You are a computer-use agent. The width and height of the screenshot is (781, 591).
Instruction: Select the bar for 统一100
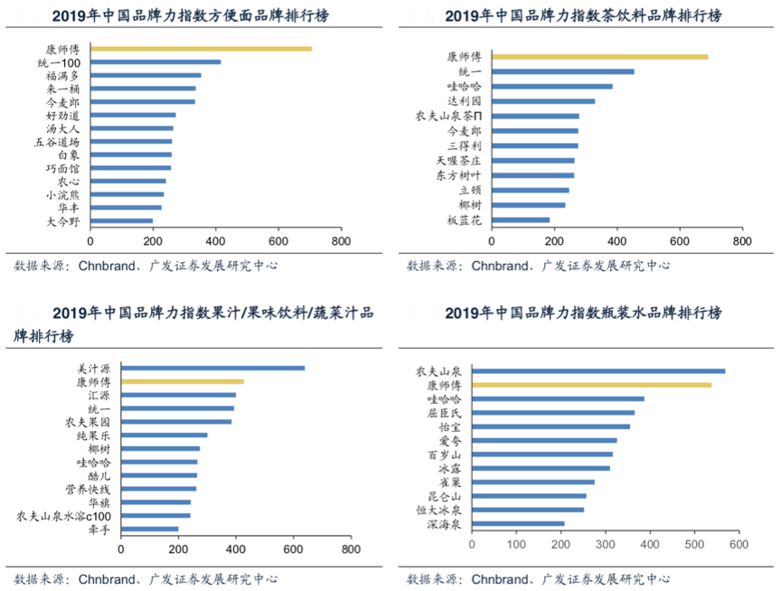point(155,62)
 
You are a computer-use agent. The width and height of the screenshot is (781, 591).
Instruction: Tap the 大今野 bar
point(121,220)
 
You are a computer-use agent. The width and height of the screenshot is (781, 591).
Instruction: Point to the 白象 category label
point(69,155)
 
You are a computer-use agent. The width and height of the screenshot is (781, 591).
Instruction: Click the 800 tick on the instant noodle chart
point(342,243)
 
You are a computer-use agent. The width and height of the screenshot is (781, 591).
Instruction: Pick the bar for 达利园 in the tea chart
point(542,101)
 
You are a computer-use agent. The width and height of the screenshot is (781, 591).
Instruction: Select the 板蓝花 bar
point(520,220)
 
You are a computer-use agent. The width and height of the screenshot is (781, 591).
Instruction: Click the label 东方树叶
point(459,175)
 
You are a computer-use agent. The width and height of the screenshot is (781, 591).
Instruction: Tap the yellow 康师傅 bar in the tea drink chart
point(599,57)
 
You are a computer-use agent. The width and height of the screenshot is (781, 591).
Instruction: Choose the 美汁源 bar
point(212,368)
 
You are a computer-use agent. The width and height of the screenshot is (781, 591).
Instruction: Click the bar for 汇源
point(178,396)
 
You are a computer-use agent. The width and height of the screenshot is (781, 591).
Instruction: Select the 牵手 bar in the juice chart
point(149,530)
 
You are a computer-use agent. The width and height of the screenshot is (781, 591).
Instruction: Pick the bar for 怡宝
point(550,427)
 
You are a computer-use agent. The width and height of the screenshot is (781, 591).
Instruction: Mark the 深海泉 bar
point(518,523)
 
